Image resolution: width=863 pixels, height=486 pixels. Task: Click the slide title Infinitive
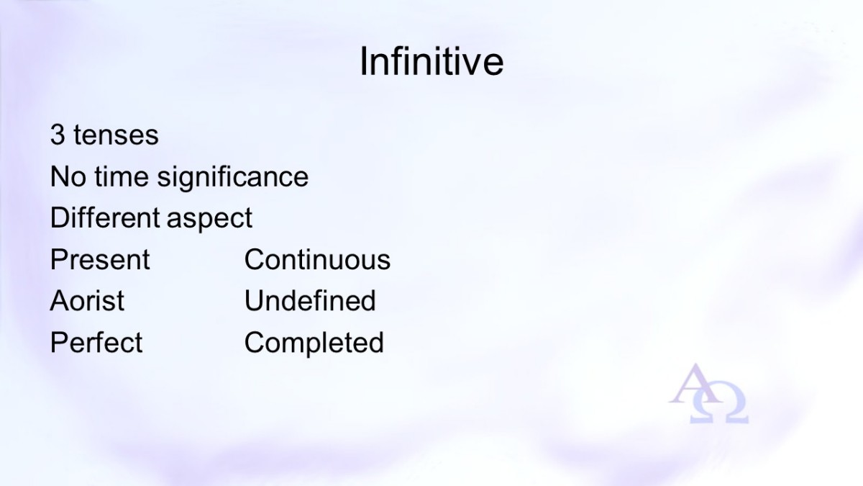click(431, 62)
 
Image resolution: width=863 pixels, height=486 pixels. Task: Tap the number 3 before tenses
click(58, 135)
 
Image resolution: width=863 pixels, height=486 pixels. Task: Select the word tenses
click(116, 135)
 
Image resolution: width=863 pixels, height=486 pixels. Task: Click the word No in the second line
click(68, 176)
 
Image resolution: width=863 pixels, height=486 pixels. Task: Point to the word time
click(122, 176)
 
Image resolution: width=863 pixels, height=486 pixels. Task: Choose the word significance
click(233, 177)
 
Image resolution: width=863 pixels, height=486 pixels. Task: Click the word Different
click(105, 217)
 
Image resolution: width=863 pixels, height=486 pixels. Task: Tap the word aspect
click(209, 219)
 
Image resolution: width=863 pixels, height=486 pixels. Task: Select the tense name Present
click(100, 259)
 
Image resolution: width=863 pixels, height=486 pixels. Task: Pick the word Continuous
click(317, 259)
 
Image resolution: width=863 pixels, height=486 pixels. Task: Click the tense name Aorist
click(87, 300)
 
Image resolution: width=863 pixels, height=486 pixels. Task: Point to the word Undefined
click(310, 300)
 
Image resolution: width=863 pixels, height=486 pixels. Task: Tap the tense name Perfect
click(96, 342)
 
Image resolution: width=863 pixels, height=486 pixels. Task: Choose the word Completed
click(314, 343)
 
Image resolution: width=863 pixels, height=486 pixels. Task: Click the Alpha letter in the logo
click(693, 384)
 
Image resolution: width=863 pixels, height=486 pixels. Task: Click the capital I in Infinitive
click(363, 62)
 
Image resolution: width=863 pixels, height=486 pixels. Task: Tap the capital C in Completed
click(255, 342)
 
